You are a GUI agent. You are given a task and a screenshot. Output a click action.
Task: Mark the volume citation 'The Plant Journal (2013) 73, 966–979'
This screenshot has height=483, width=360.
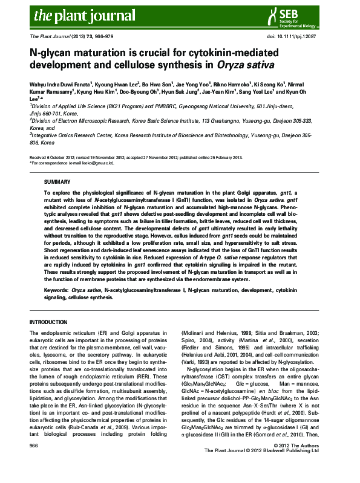click(x=76, y=37)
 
